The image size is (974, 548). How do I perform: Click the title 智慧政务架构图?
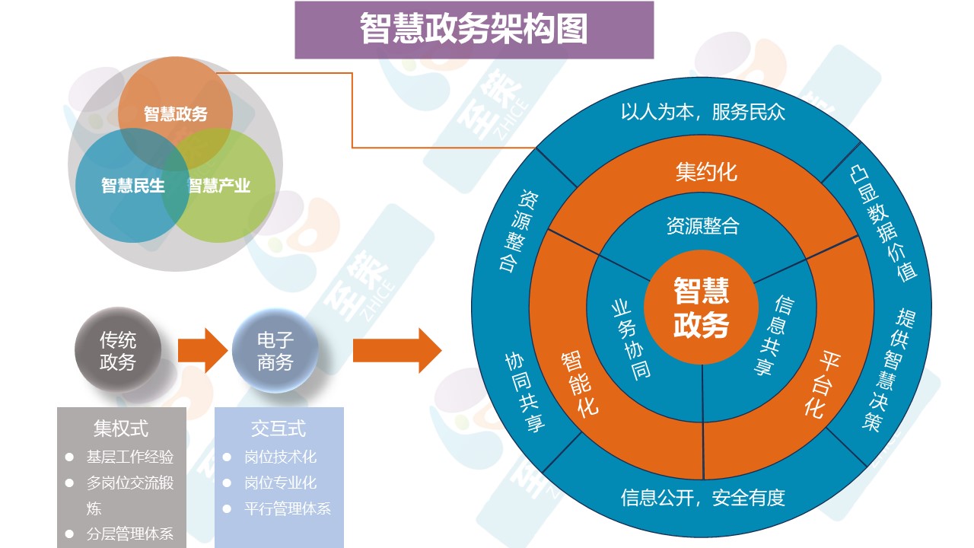pyautogui.click(x=473, y=30)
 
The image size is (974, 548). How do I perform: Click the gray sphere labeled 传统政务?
pyautogui.click(x=118, y=351)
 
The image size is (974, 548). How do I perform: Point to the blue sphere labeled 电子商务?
pyautogui.click(x=275, y=351)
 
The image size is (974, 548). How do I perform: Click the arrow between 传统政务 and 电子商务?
pyautogui.click(x=201, y=351)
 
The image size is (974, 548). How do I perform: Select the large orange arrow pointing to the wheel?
pyautogui.click(x=396, y=351)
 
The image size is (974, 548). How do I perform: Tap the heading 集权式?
pyautogui.click(x=121, y=429)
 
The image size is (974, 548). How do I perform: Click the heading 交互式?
pyautogui.click(x=279, y=429)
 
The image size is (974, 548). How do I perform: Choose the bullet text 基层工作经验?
pyautogui.click(x=129, y=457)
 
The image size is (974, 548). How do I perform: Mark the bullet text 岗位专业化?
pyautogui.click(x=280, y=483)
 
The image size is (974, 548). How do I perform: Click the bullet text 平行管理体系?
pyautogui.click(x=288, y=508)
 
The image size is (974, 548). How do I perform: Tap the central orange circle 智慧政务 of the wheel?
pyautogui.click(x=701, y=307)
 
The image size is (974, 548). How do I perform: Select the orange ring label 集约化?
pyautogui.click(x=705, y=171)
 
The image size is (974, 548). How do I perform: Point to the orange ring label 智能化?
pyautogui.click(x=580, y=383)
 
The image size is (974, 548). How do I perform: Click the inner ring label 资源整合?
pyautogui.click(x=702, y=225)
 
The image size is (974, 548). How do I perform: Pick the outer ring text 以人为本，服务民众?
pyautogui.click(x=702, y=113)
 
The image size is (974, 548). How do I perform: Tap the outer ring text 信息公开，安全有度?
pyautogui.click(x=702, y=498)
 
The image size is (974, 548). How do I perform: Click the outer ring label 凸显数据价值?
pyautogui.click(x=883, y=221)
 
